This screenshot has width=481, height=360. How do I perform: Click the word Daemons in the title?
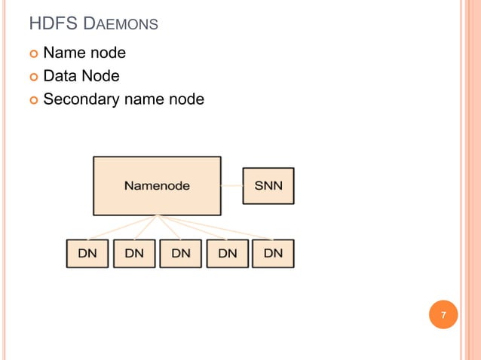tap(121, 24)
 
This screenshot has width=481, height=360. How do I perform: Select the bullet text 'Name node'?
tap(84, 53)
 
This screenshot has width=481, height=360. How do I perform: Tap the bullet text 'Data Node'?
tap(81, 75)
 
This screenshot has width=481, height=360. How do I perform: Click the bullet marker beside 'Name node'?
tap(32, 53)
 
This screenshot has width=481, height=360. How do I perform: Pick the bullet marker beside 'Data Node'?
tap(32, 76)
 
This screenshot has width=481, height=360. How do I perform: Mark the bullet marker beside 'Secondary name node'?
tap(32, 99)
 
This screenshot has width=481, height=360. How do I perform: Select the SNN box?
tap(268, 185)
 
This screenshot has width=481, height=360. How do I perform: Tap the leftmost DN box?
tap(87, 254)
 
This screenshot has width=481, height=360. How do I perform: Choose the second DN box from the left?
tap(134, 254)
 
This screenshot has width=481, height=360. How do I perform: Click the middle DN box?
tap(181, 254)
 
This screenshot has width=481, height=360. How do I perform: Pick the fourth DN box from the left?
tap(228, 254)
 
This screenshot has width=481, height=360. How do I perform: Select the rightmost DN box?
tap(274, 254)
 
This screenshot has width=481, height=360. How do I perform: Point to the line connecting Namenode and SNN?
tap(231, 185)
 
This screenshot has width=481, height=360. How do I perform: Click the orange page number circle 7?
tap(443, 315)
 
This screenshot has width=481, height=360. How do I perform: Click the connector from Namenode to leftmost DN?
tap(121, 227)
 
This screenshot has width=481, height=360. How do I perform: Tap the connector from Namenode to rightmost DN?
tap(219, 228)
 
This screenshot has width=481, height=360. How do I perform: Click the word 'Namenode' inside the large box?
tap(157, 185)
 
